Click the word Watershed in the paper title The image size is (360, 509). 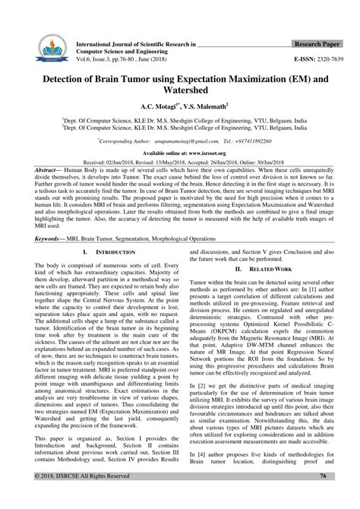tap(179, 93)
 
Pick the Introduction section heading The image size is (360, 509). tap(96, 251)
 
